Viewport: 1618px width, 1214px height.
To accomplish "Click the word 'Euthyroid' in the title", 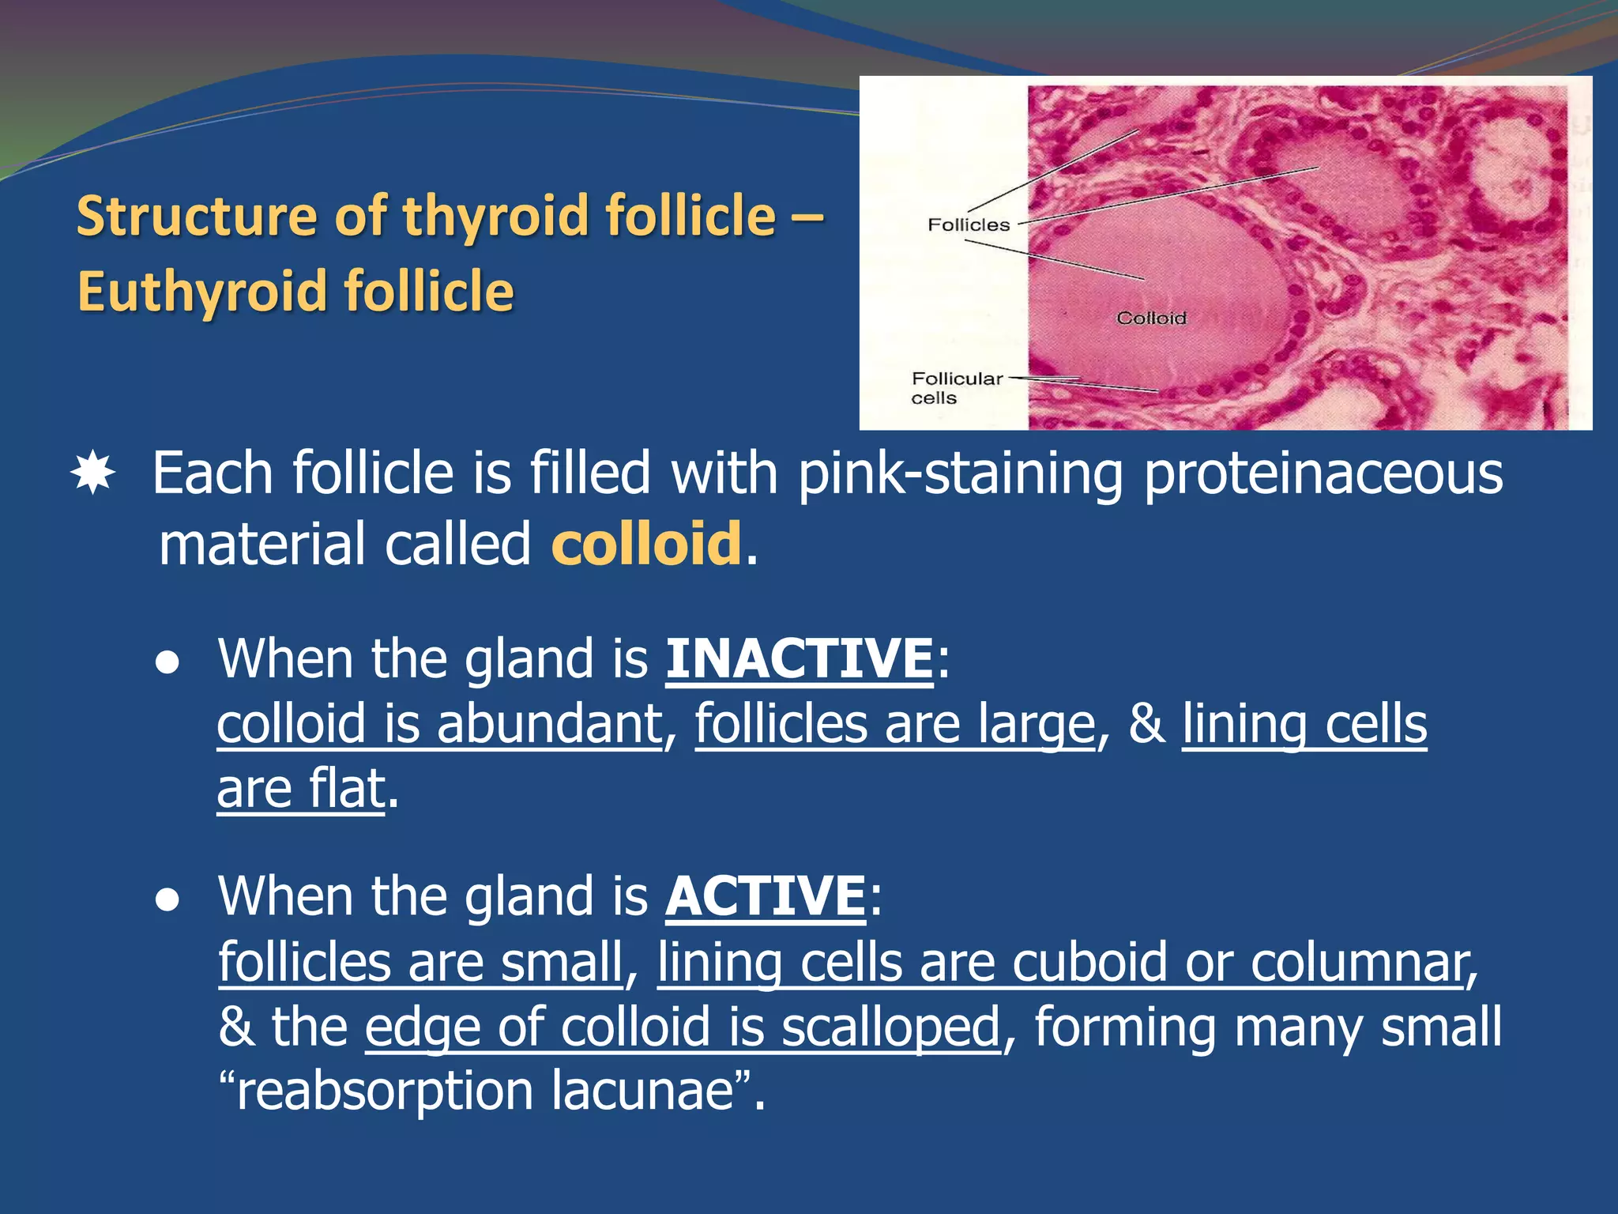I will pyautogui.click(x=202, y=291).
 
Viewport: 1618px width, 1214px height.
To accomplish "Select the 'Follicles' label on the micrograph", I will pyautogui.click(x=969, y=225).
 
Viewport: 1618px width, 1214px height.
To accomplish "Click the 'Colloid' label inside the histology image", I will pyautogui.click(x=1151, y=318).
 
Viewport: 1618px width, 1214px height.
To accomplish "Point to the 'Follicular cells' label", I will pyautogui.click(x=956, y=388).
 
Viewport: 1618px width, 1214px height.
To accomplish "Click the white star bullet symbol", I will pyautogui.click(x=93, y=473).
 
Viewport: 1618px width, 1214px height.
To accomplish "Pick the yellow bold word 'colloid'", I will pyautogui.click(x=646, y=544).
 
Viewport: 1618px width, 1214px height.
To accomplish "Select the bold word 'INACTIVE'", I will pyautogui.click(x=800, y=658).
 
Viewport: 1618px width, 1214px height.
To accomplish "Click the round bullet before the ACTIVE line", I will pyautogui.click(x=167, y=901).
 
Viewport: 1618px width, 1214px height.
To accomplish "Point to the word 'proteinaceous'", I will pyautogui.click(x=1323, y=473).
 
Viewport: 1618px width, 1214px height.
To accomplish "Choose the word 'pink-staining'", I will pyautogui.click(x=960, y=473).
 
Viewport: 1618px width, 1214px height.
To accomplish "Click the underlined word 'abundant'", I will pyautogui.click(x=549, y=724).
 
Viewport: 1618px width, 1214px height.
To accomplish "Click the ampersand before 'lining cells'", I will pyautogui.click(x=1146, y=724).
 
